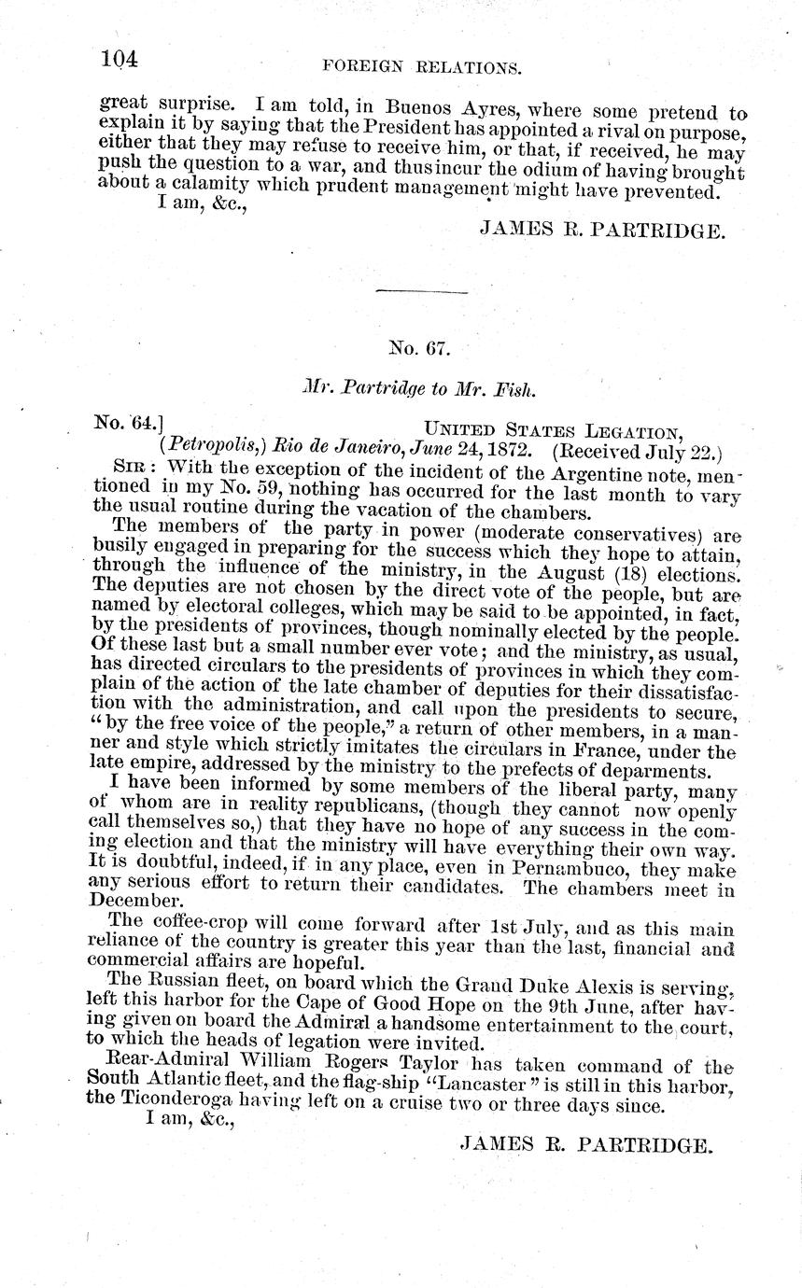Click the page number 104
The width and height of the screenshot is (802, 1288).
click(120, 59)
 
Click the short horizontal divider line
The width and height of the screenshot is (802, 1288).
click(420, 292)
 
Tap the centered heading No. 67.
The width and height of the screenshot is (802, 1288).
click(419, 349)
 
